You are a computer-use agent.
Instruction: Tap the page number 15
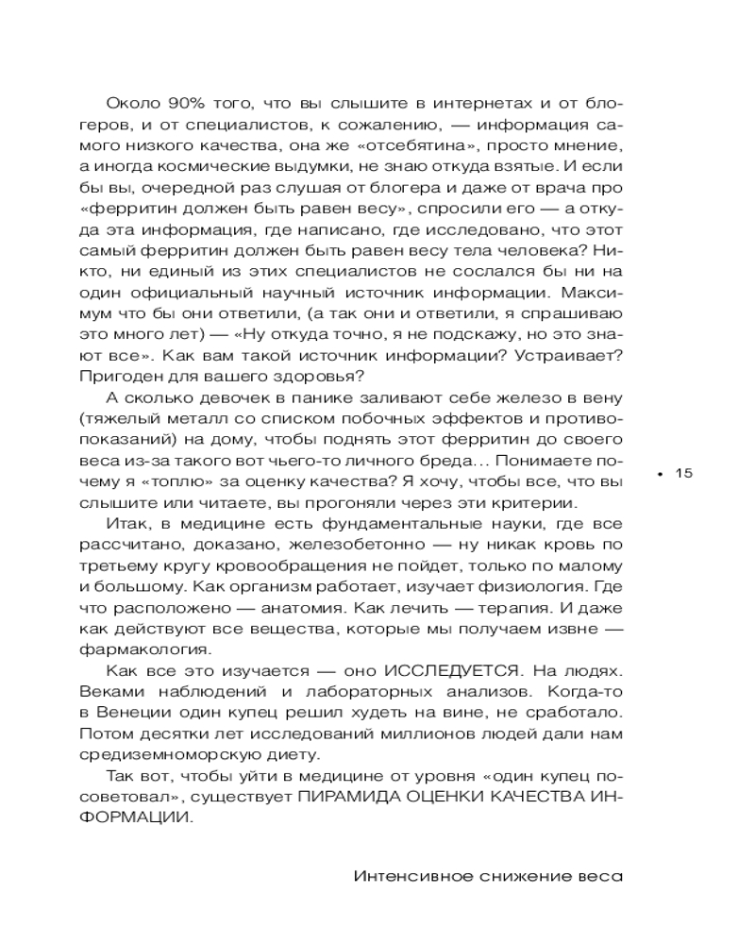(x=684, y=473)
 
